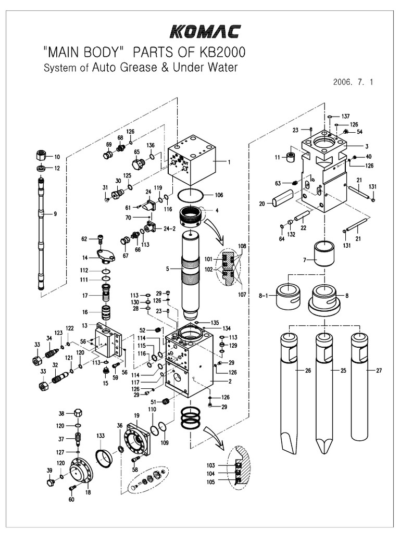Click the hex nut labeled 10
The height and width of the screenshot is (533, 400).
(x=42, y=156)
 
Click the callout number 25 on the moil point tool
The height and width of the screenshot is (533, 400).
(x=343, y=371)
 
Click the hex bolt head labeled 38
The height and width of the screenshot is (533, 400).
(x=76, y=414)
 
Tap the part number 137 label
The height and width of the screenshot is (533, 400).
(x=345, y=116)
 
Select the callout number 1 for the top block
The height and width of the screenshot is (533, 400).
(x=228, y=161)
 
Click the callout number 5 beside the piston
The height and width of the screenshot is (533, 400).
(x=168, y=269)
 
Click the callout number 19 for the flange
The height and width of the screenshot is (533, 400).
(x=137, y=415)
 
